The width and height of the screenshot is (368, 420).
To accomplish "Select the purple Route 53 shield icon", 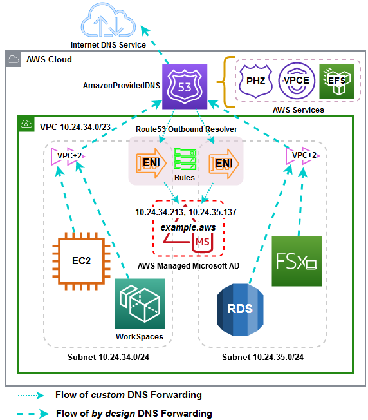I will click(185, 87).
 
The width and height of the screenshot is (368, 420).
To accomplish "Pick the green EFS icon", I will click(336, 81).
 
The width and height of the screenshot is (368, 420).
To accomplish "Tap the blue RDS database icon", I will click(241, 309).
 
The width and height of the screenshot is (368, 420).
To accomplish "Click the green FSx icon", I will click(297, 261).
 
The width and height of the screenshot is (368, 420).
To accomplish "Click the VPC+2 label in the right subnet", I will click(304, 155).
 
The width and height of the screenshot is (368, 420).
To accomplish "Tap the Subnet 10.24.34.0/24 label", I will click(106, 358).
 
